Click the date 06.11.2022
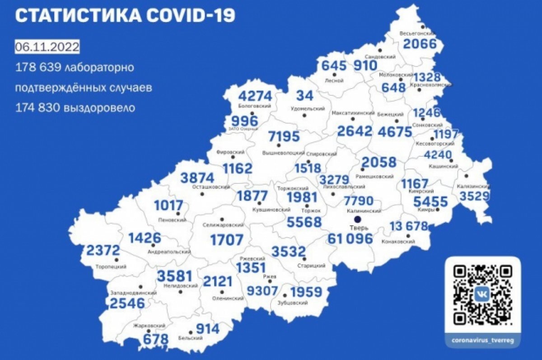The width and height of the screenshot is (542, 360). [47, 47]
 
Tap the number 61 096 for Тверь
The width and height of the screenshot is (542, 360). [351, 239]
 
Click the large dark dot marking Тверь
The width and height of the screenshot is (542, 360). [358, 220]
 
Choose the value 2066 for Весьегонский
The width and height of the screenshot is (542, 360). [420, 44]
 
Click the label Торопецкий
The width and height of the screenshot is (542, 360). [111, 267]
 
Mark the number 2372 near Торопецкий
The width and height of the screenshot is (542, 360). [103, 250]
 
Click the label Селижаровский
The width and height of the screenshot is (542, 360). [224, 224]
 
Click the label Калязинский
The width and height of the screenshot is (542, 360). [474, 186]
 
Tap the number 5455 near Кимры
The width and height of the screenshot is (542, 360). [431, 201]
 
